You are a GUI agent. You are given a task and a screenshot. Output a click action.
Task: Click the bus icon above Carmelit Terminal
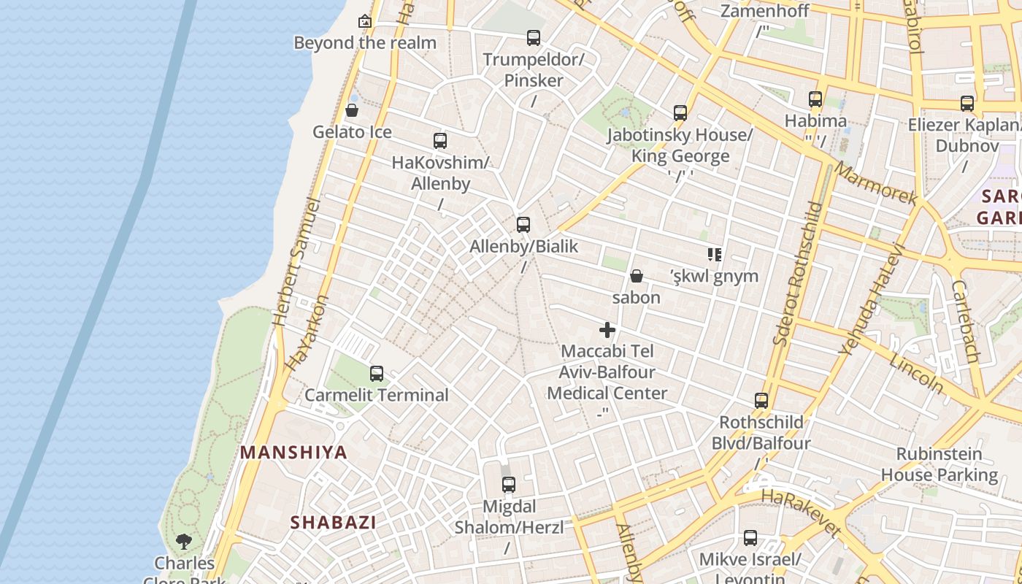click(377, 374)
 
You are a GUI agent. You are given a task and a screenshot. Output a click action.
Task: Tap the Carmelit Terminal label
click(377, 395)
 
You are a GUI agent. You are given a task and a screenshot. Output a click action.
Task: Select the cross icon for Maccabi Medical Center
click(607, 330)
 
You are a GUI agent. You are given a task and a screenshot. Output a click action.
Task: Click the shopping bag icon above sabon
click(637, 276)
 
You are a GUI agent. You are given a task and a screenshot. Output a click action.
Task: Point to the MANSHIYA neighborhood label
click(294, 453)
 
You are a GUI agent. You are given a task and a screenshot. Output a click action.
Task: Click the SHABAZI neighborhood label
click(334, 523)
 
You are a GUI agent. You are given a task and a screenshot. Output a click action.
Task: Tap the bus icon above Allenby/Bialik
click(523, 225)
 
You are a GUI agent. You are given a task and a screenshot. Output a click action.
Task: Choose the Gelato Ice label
click(352, 132)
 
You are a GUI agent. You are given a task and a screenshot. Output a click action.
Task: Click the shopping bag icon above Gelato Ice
click(352, 110)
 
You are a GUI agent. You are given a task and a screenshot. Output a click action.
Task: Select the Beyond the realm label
click(365, 42)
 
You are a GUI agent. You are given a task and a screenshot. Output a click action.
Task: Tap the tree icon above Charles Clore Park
click(184, 542)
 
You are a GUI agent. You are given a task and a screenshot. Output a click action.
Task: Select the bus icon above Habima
click(815, 99)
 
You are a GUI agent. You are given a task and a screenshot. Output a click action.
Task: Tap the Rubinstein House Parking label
click(939, 464)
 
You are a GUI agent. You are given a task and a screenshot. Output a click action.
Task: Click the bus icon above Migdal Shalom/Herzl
click(509, 484)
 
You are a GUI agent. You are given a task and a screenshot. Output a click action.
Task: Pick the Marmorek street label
click(875, 183)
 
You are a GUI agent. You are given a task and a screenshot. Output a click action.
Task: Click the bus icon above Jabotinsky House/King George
click(680, 113)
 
